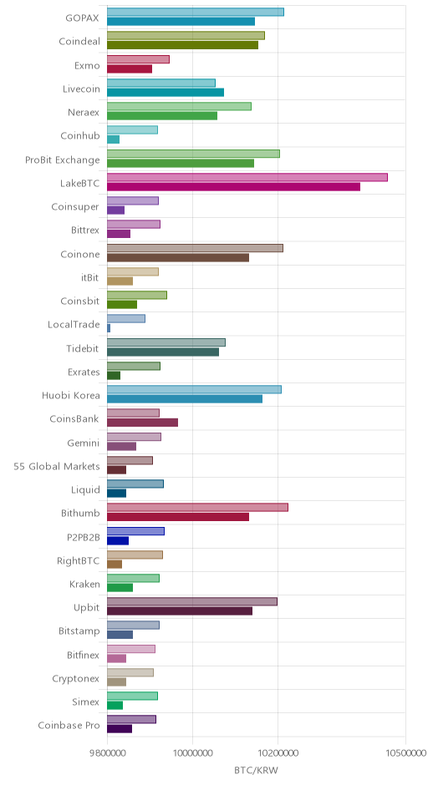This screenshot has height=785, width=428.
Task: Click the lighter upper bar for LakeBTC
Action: click(x=247, y=177)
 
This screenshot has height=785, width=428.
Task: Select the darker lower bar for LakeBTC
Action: click(x=233, y=187)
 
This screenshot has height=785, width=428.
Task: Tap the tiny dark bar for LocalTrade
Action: click(x=109, y=328)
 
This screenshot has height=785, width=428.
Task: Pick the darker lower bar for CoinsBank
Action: click(x=142, y=423)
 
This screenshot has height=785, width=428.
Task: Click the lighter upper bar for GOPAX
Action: click(x=196, y=12)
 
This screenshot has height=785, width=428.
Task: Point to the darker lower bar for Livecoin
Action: click(x=166, y=92)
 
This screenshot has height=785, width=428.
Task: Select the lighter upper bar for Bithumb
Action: click(x=197, y=507)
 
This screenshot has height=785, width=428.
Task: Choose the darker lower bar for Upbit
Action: click(x=180, y=610)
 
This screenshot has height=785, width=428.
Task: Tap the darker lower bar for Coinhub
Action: click(x=113, y=139)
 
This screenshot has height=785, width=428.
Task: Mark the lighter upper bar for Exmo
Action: click(x=138, y=59)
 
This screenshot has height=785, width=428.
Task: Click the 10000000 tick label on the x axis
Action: click(x=193, y=752)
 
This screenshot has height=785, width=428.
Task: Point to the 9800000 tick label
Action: click(x=107, y=752)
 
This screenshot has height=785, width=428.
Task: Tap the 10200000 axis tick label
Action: click(x=278, y=752)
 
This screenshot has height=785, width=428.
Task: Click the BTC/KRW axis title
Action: click(x=256, y=770)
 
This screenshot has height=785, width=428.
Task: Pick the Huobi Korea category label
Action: click(x=71, y=396)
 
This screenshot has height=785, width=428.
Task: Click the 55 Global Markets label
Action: click(x=57, y=467)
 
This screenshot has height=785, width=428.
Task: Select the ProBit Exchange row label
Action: click(x=63, y=160)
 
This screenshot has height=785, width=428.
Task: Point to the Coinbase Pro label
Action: click(x=69, y=726)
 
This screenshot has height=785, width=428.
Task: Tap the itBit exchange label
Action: click(x=90, y=277)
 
